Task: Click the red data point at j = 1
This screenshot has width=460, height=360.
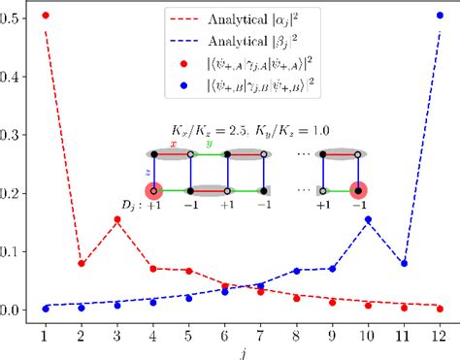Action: click(x=45, y=16)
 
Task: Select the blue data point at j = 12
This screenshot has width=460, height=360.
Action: click(x=440, y=16)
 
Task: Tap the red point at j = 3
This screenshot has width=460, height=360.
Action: click(x=116, y=219)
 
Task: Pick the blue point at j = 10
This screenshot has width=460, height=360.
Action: click(x=368, y=219)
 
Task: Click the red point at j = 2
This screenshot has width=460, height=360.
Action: click(x=81, y=263)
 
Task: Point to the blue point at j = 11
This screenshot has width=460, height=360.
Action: click(x=404, y=263)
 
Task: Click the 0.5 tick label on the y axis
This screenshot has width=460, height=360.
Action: click(x=14, y=19)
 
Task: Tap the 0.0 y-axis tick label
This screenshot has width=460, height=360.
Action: click(x=14, y=311)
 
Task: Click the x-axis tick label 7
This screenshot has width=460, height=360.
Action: click(x=260, y=333)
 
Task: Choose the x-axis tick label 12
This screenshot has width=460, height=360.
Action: click(x=440, y=333)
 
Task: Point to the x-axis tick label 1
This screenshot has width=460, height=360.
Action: click(x=45, y=333)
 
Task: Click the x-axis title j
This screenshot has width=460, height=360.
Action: click(x=242, y=350)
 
